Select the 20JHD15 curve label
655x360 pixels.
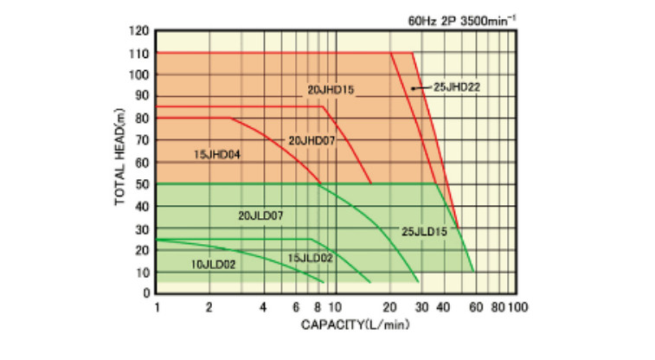tap(331, 89)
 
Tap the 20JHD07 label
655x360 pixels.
tap(311, 139)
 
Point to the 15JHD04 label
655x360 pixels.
tap(217, 155)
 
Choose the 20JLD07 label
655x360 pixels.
tap(260, 215)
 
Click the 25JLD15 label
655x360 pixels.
tap(425, 231)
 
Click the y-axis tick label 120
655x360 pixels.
tap(140, 31)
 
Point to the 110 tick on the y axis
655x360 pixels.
tap(140, 53)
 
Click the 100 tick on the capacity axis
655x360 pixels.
tap(517, 307)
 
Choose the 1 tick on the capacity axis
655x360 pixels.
tap(157, 307)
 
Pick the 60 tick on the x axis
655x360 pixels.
tap(474, 307)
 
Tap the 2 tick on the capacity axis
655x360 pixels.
tap(210, 307)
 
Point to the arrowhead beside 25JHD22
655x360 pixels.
tap(414, 88)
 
